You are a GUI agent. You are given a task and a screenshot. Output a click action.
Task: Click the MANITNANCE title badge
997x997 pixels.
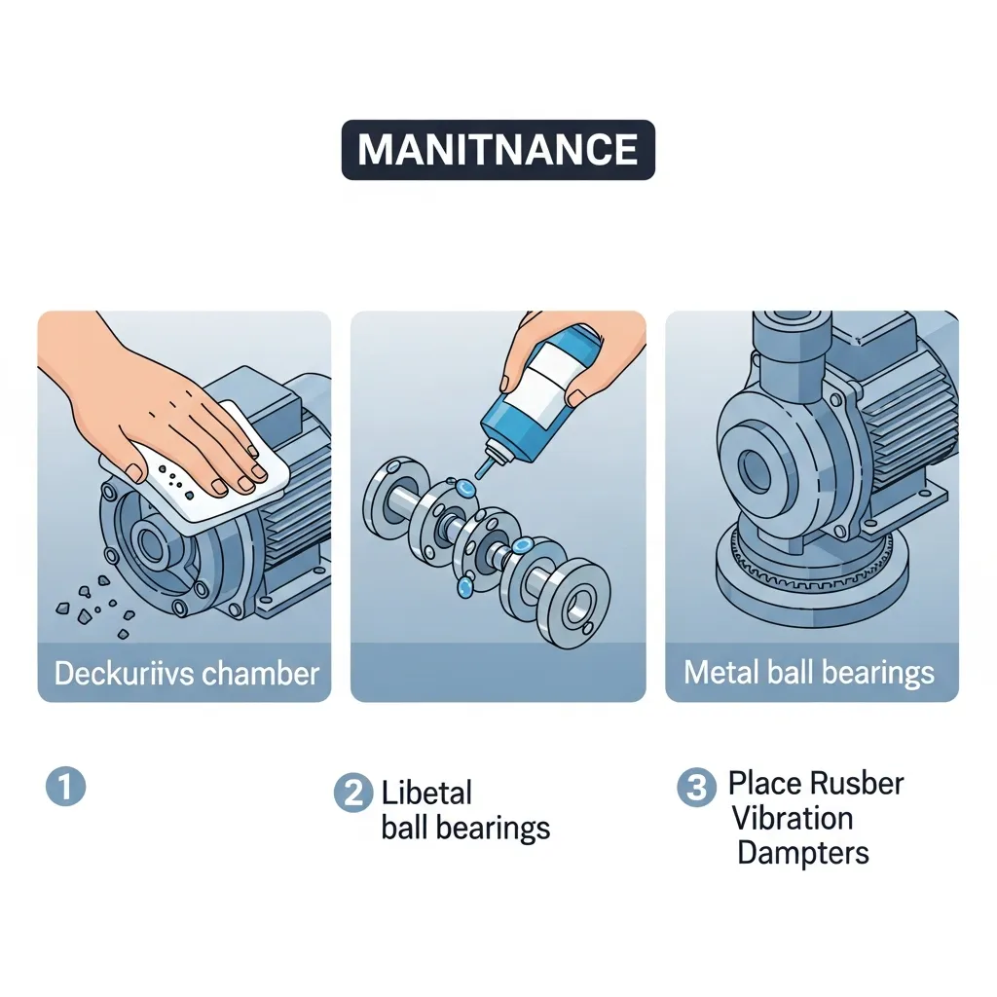pos(498,149)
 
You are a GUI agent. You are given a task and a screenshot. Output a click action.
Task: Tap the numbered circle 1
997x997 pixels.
pos(65,787)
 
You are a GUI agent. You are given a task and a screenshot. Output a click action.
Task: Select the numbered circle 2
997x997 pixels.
pos(353,793)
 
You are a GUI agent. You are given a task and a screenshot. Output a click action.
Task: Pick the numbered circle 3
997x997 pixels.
pos(697,787)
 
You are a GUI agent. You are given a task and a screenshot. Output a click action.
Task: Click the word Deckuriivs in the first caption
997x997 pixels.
pos(124,674)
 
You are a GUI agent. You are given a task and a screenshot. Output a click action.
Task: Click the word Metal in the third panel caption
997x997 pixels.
pos(721,672)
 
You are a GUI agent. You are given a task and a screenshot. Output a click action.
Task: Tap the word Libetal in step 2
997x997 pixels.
pos(426,793)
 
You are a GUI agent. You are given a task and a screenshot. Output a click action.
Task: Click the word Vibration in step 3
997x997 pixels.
pos(793,818)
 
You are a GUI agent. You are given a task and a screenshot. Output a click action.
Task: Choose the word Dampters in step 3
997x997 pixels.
pos(803,854)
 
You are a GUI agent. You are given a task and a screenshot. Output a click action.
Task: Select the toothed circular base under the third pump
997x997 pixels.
pos(812,573)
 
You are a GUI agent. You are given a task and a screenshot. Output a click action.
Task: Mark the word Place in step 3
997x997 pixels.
pos(759,784)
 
